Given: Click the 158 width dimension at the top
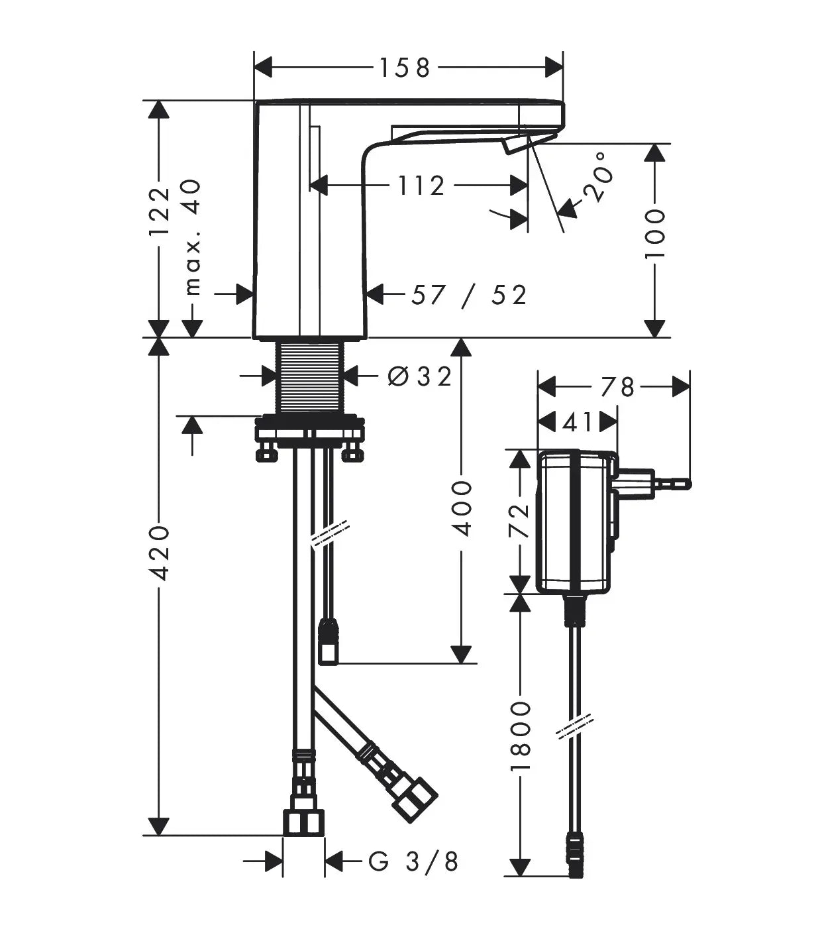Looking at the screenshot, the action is tap(405, 68).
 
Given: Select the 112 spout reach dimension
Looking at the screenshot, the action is tap(421, 186).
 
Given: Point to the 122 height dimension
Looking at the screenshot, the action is tap(160, 211).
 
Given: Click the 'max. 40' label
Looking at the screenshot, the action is tap(192, 237).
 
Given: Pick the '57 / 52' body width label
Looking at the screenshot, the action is tap(469, 295).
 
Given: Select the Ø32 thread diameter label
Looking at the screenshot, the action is tap(419, 376).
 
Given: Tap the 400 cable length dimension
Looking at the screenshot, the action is tap(462, 508).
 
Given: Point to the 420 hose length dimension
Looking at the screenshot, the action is tap(160, 553).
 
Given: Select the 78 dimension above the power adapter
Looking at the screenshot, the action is tap(617, 387).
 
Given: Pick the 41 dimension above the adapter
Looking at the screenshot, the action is tap(578, 422).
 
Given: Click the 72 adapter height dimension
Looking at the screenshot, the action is tap(519, 521).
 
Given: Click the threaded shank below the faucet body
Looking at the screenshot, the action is tap(309, 378).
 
